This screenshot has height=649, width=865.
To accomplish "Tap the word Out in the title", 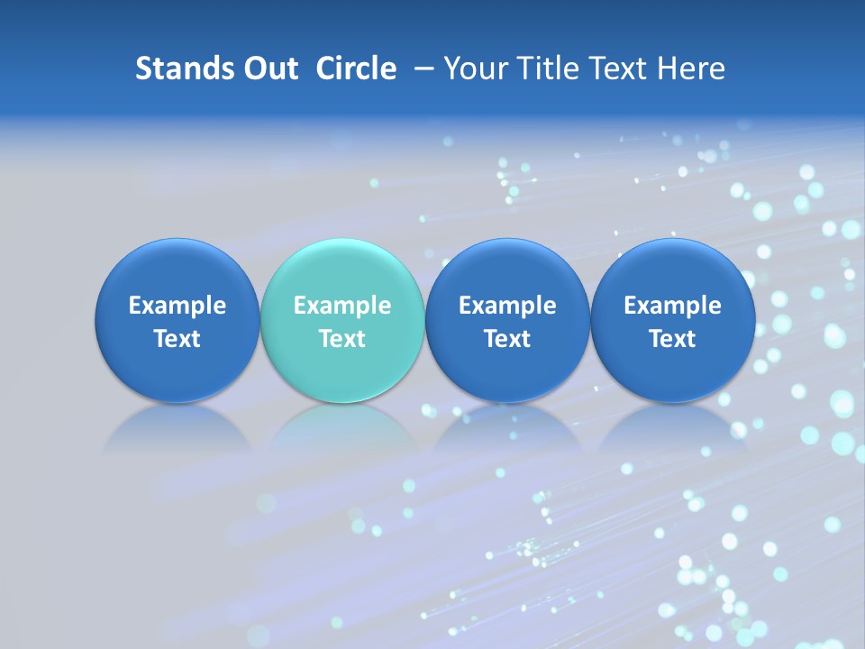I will click(x=265, y=69).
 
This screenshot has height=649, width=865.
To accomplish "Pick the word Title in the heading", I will click(x=543, y=69).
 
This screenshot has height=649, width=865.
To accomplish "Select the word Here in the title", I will click(x=691, y=69).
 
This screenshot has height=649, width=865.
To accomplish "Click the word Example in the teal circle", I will click(x=342, y=306).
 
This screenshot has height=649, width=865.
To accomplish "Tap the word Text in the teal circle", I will click(x=342, y=339).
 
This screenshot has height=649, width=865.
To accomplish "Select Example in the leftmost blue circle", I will click(x=178, y=306).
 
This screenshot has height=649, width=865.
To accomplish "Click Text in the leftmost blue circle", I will click(x=178, y=339).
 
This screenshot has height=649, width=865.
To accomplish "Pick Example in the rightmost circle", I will click(x=673, y=306).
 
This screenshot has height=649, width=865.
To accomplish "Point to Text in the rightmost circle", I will click(x=673, y=339).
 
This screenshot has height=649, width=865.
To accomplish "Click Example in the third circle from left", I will click(x=508, y=306).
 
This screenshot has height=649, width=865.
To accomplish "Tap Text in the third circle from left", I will click(x=508, y=339).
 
